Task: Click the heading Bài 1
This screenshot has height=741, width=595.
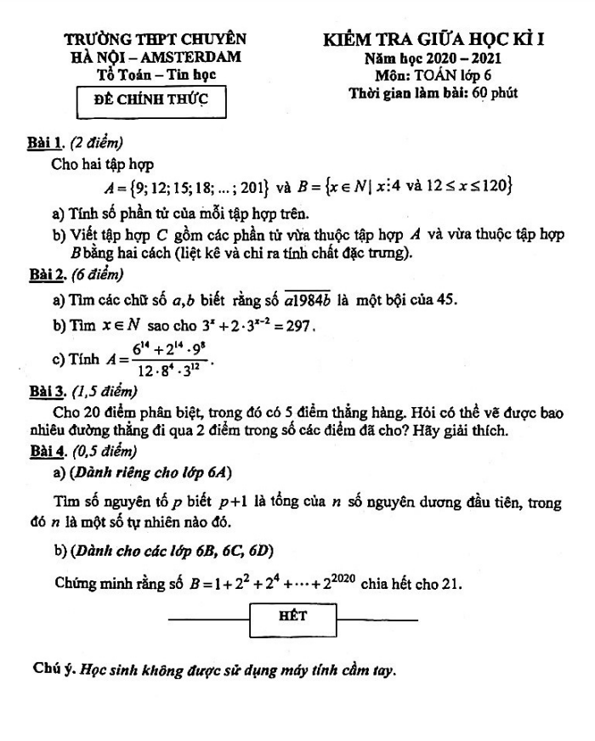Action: point(46,141)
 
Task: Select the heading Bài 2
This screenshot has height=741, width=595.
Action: point(46,275)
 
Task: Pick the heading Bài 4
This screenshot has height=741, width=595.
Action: point(46,450)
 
